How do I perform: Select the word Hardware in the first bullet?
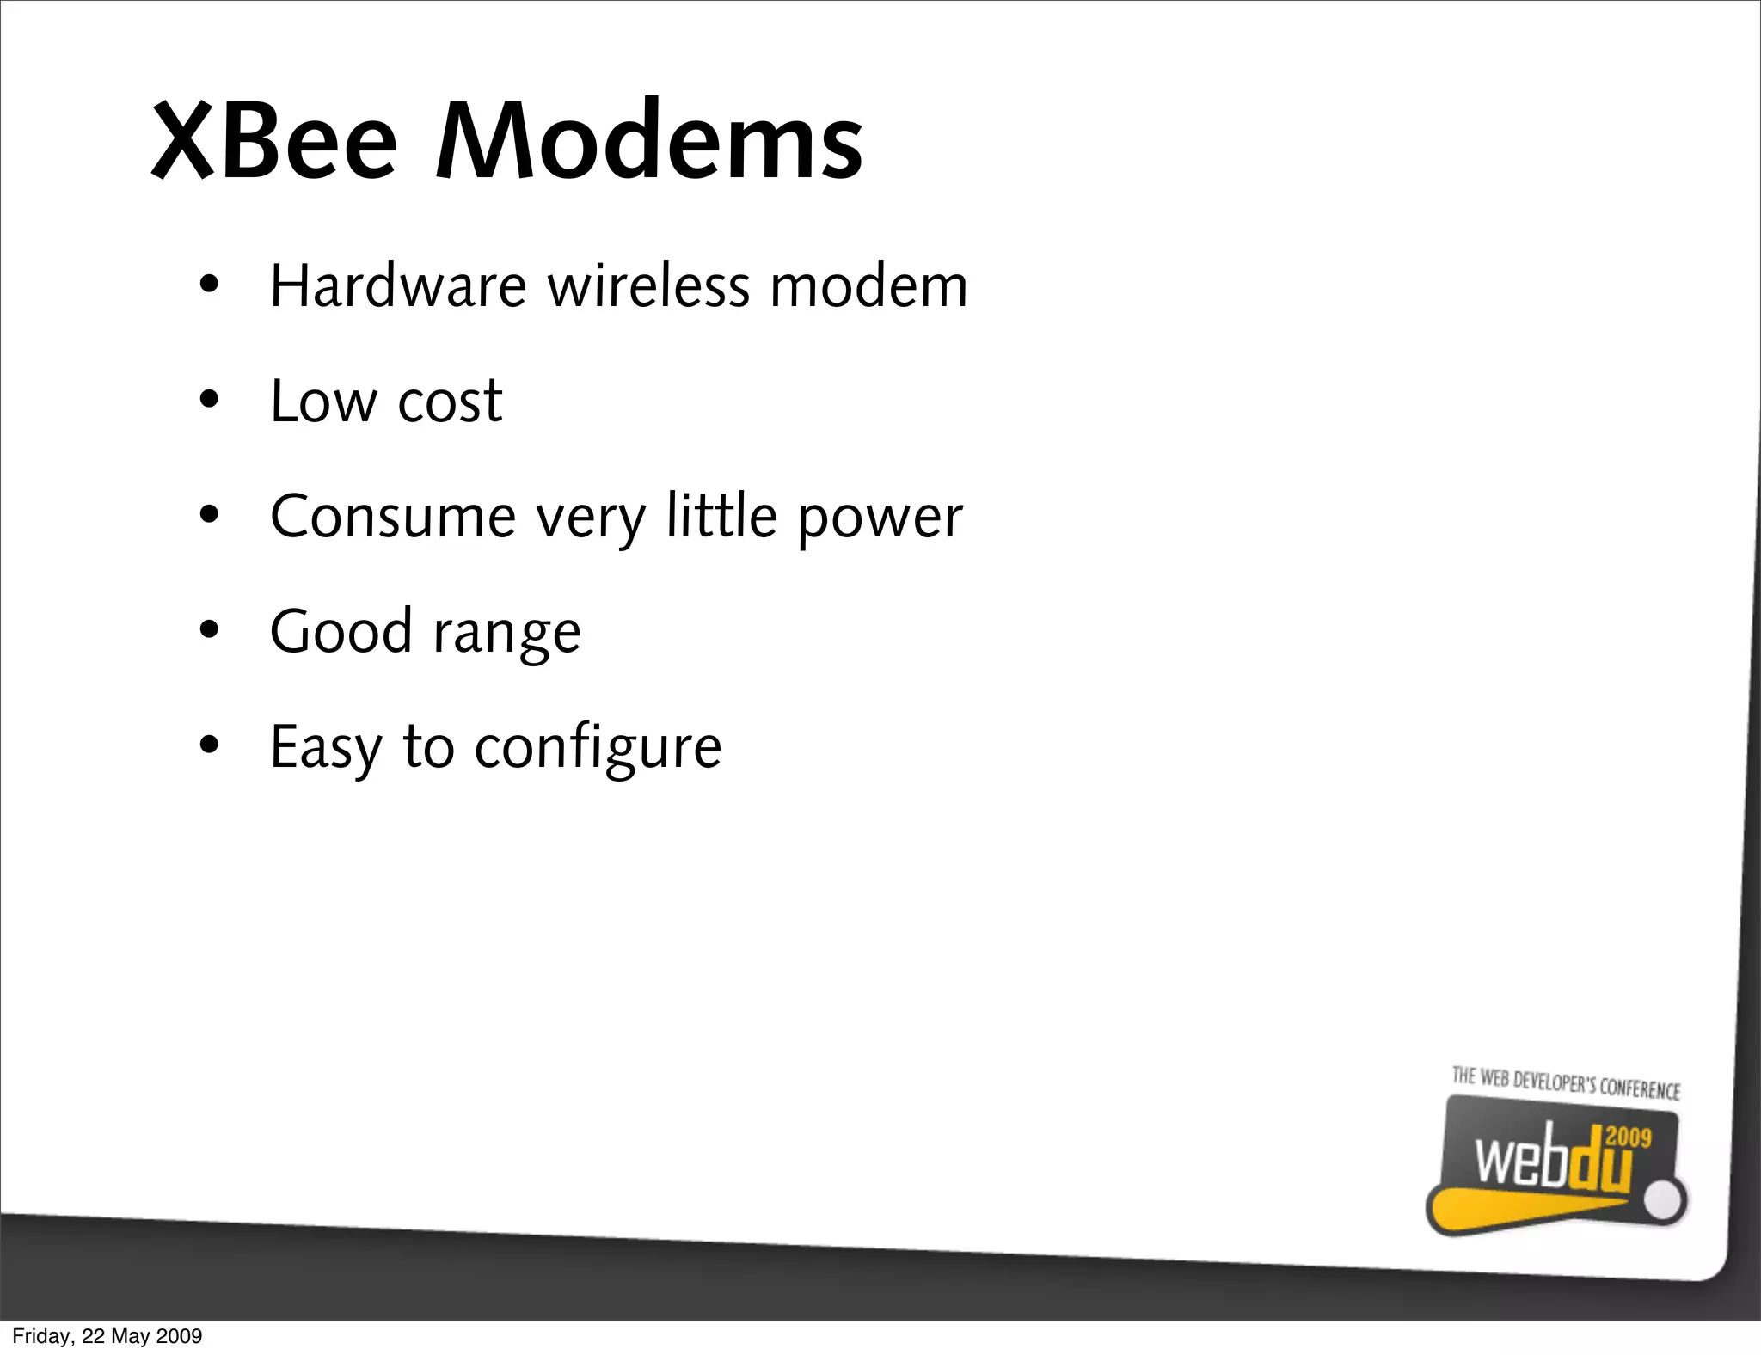click(x=398, y=285)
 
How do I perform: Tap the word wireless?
click(x=648, y=285)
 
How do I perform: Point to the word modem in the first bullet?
click(x=868, y=287)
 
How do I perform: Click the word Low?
click(x=323, y=402)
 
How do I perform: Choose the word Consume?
click(x=393, y=517)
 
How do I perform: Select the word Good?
click(x=341, y=631)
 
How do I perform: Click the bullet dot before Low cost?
click(x=209, y=400)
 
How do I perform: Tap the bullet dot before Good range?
click(x=209, y=630)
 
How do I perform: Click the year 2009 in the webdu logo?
click(x=1628, y=1137)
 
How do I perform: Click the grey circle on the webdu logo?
click(x=1666, y=1201)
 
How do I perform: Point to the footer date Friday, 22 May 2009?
click(x=107, y=1336)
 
